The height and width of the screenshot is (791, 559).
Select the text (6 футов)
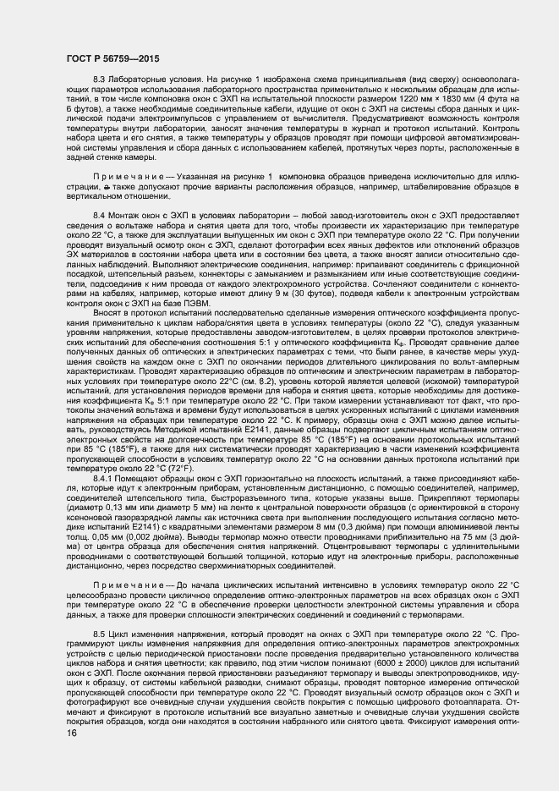85,109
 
